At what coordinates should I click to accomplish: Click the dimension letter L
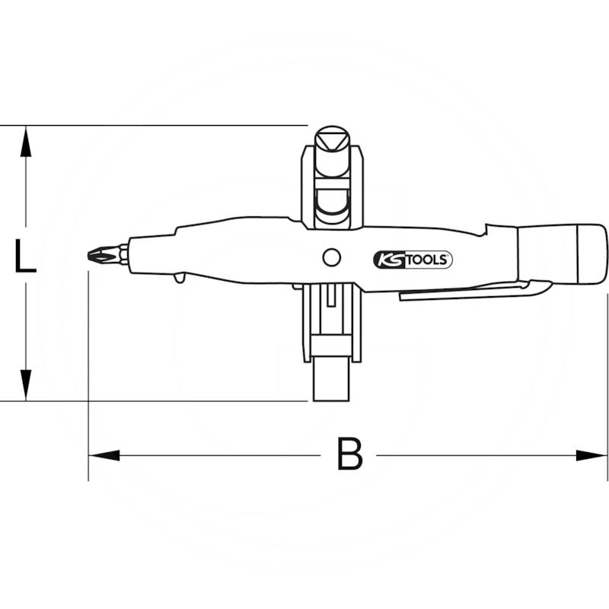click(25, 256)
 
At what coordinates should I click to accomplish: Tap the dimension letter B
click(349, 455)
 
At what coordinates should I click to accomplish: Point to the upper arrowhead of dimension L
click(26, 141)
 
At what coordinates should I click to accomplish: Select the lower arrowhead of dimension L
click(26, 384)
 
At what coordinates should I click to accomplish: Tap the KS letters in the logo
click(386, 260)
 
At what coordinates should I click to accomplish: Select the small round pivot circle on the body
click(330, 257)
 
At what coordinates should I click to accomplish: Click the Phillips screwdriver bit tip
click(96, 253)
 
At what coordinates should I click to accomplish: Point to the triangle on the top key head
click(331, 139)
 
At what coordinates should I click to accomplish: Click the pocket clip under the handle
click(472, 292)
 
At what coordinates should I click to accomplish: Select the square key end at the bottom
click(331, 381)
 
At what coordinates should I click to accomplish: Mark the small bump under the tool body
click(179, 279)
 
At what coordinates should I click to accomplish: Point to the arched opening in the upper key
click(331, 201)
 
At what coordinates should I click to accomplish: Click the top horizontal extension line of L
click(152, 125)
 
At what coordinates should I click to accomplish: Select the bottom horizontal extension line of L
click(152, 400)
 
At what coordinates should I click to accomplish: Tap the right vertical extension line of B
click(607, 381)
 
